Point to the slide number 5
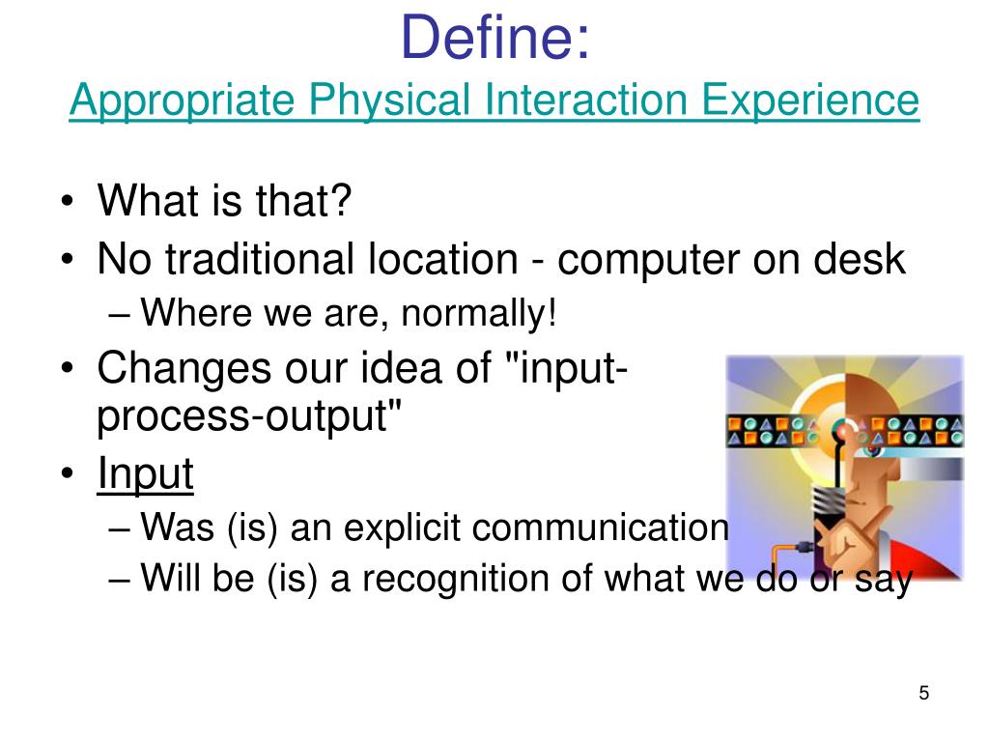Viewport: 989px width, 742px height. pos(924,693)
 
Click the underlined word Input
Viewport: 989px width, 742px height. pos(146,473)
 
